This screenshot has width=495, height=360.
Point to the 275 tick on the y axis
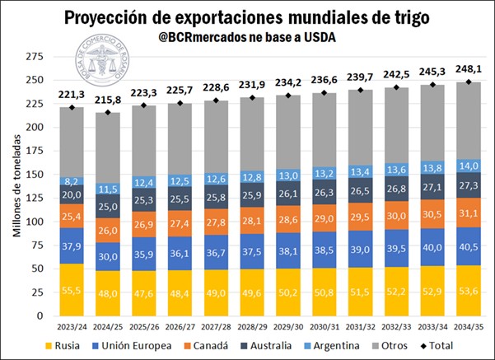[34, 56]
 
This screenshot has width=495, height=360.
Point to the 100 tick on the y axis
[34, 222]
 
